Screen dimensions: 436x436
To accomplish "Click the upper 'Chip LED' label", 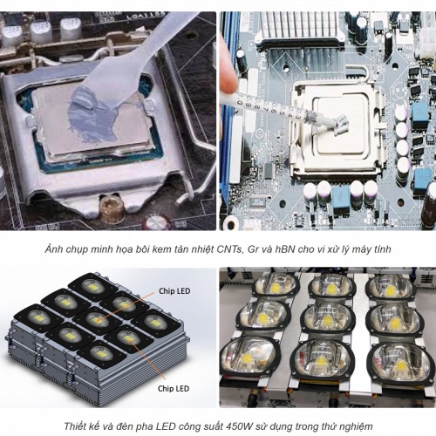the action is [174, 291].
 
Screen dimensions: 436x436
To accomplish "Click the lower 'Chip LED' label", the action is [174, 389].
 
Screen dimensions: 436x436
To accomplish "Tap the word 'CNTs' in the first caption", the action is [229, 249].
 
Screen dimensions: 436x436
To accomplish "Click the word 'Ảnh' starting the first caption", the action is [54, 249].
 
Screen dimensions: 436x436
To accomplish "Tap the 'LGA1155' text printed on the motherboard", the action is [146, 16].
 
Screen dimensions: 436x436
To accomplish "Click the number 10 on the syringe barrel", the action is [240, 99].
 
